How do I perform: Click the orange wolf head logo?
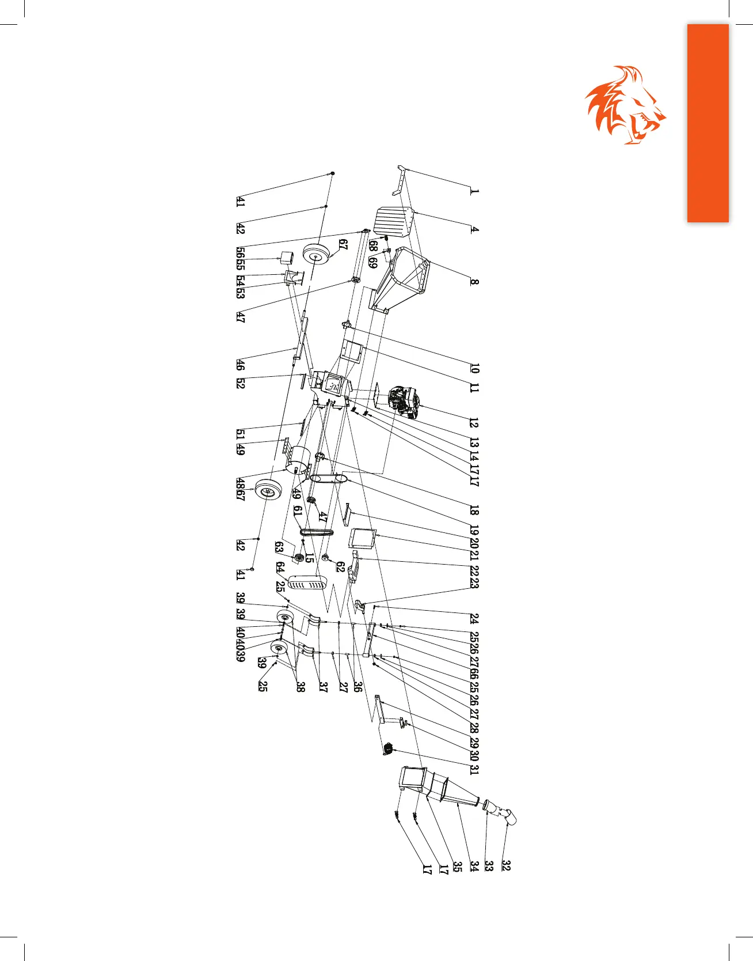(x=625, y=105)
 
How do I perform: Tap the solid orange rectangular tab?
(x=708, y=123)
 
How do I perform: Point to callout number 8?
(x=474, y=282)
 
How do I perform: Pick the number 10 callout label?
(x=474, y=368)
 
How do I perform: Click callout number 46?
(x=240, y=364)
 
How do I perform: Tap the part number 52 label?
(x=240, y=383)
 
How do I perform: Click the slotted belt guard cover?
(x=308, y=582)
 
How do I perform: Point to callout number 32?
(x=505, y=865)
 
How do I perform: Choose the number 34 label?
(x=474, y=865)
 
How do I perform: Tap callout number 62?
(x=340, y=567)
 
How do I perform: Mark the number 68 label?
(x=374, y=246)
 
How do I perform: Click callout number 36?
(x=358, y=686)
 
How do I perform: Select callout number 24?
(x=474, y=619)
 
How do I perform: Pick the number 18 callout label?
(x=474, y=509)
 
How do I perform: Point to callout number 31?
(x=474, y=768)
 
